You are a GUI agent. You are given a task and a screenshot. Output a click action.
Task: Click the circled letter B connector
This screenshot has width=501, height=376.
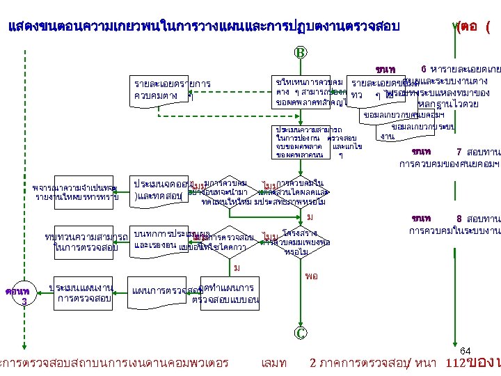coord(300,52)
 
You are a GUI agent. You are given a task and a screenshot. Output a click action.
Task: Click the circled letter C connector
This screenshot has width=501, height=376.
coord(300,334)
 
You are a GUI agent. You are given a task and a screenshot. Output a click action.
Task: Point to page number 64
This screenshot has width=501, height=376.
coord(466,350)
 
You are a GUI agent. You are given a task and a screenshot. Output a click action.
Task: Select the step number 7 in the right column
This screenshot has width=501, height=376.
coord(459,152)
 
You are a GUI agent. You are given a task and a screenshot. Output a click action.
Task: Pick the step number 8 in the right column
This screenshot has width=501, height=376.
coord(459,218)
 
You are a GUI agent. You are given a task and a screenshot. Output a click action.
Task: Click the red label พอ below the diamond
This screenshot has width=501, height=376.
coord(312,276)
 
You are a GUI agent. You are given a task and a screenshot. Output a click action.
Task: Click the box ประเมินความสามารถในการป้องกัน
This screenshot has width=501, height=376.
coord(308,142)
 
